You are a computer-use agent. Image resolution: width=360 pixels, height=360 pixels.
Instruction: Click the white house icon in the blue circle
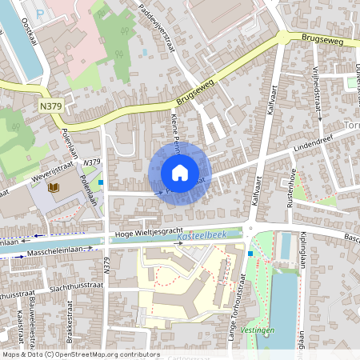[x=180, y=173]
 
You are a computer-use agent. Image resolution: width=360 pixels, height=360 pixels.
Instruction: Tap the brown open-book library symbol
[x=54, y=187]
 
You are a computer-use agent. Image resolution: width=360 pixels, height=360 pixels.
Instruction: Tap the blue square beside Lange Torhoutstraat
[x=250, y=254]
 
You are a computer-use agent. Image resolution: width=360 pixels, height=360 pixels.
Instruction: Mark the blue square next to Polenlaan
[x=101, y=182]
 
